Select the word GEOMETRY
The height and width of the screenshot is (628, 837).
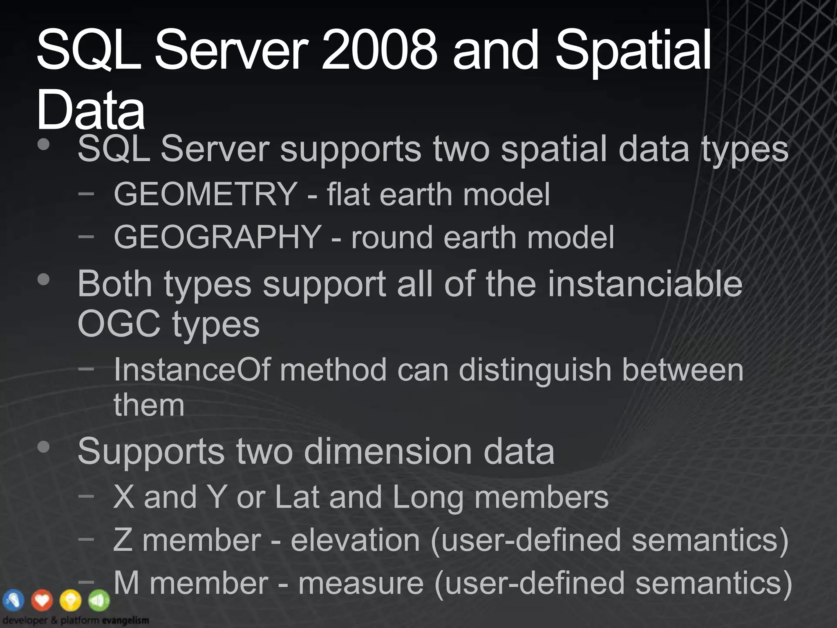(x=206, y=194)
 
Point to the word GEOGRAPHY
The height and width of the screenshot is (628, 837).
(x=217, y=237)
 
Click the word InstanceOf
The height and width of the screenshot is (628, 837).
(x=192, y=370)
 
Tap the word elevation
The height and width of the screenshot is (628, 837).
(x=355, y=540)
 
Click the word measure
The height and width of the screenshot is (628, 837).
(x=361, y=583)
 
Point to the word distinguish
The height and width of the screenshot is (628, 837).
(x=535, y=370)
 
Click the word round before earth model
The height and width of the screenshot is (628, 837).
(x=392, y=237)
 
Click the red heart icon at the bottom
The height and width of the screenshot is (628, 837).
(x=42, y=600)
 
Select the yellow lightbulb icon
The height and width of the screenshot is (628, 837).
(x=71, y=600)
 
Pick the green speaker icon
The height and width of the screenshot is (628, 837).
(x=99, y=600)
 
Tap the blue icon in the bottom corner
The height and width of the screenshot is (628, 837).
(x=13, y=600)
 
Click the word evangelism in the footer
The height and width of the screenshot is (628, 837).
(x=125, y=621)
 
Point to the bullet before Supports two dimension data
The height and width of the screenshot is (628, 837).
(x=43, y=447)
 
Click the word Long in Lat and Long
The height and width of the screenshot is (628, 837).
(x=428, y=498)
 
